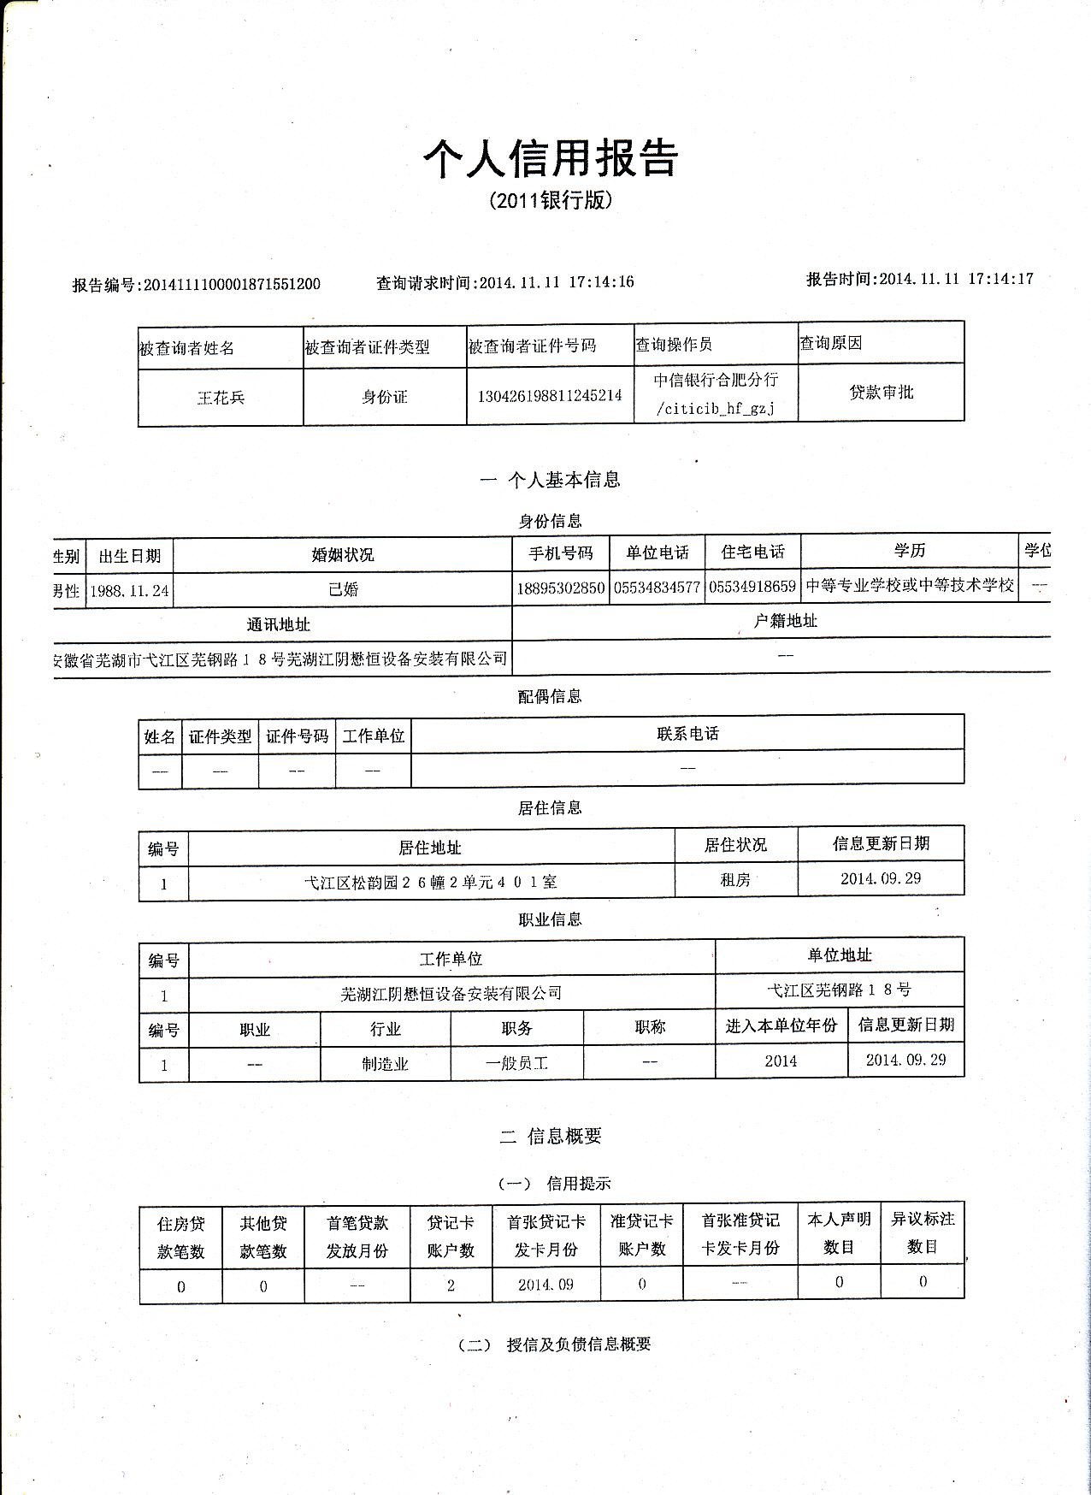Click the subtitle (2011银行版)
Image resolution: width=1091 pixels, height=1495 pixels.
point(551,201)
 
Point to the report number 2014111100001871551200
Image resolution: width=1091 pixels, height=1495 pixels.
point(232,285)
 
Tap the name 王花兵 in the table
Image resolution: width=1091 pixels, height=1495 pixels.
point(221,398)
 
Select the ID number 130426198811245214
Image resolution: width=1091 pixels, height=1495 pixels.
point(550,396)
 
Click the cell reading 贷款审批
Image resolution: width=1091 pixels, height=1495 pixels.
point(881,393)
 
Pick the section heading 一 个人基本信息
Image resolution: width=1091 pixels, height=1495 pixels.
point(551,480)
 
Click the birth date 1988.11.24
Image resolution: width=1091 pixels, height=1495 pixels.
point(130,591)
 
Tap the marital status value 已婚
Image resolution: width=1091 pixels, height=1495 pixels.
point(343,590)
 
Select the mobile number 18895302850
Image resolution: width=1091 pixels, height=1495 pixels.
point(561,588)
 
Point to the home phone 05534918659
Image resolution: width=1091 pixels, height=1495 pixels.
point(752,588)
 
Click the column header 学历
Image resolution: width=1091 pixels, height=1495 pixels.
point(910,551)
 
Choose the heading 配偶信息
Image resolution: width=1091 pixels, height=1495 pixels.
point(550,696)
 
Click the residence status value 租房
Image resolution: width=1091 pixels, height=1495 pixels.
point(735,880)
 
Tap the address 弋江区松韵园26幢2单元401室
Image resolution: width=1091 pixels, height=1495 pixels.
point(431,883)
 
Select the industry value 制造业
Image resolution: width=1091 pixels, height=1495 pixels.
point(385,1064)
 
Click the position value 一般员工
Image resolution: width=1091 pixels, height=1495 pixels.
point(516,1063)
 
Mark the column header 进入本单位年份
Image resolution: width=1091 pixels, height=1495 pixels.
point(781,1025)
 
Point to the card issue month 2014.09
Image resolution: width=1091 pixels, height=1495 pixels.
point(545,1285)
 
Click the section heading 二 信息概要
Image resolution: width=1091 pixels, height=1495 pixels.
point(551,1136)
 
